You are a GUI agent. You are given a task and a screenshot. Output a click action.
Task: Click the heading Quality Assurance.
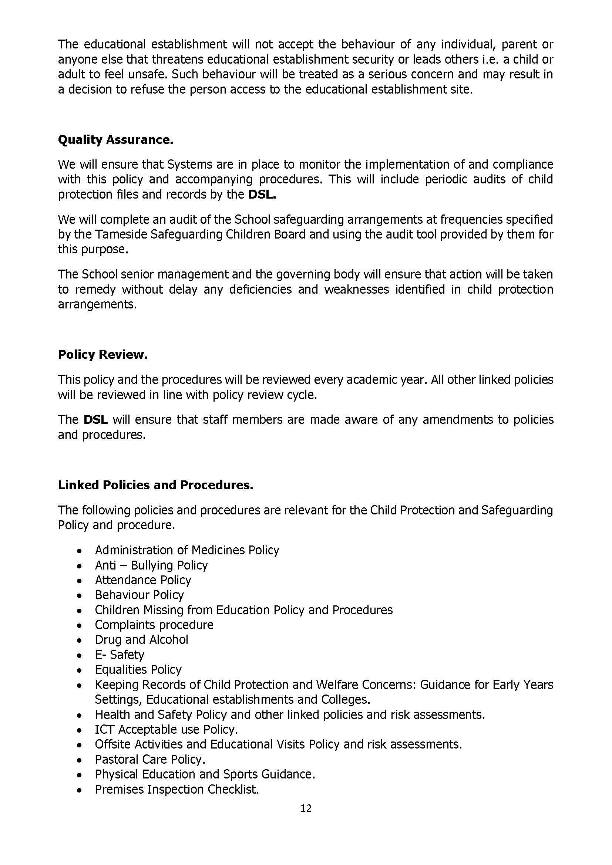[x=115, y=140]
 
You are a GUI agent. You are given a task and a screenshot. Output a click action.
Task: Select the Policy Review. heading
[x=102, y=355]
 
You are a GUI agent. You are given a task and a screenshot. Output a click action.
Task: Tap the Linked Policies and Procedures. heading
[x=155, y=485]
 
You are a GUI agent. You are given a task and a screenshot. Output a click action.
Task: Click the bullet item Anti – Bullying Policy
[x=151, y=565]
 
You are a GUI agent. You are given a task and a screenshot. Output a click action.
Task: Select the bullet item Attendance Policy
[x=143, y=580]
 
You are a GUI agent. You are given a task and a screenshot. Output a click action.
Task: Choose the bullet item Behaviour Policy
[x=139, y=595]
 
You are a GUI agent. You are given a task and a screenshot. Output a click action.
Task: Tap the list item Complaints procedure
[x=154, y=625]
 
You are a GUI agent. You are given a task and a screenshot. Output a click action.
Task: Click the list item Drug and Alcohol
[x=141, y=639]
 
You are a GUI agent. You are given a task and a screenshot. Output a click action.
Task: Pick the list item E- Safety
[x=120, y=655]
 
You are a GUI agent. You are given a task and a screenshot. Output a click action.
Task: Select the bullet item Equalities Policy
[x=138, y=669]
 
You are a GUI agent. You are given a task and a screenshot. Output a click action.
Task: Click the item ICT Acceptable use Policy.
[x=166, y=729]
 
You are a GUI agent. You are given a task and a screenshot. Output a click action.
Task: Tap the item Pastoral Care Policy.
[x=150, y=759]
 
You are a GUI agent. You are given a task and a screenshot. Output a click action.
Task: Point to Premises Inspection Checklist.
[x=177, y=789]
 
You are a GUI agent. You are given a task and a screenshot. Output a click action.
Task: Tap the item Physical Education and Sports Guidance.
[x=205, y=774]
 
